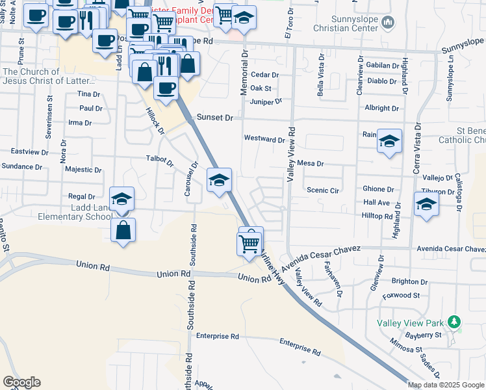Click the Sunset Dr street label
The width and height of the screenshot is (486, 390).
click(215, 118)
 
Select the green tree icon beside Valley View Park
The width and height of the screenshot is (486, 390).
click(455, 321)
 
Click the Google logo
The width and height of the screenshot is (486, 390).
click(21, 382)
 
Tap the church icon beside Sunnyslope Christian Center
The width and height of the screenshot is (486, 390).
click(389, 24)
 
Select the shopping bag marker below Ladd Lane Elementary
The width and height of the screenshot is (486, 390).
click(123, 230)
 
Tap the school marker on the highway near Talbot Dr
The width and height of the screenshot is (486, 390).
click(219, 180)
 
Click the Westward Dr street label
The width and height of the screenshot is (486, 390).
click(264, 139)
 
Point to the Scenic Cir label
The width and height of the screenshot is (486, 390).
click(323, 190)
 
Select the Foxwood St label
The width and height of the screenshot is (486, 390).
click(402, 295)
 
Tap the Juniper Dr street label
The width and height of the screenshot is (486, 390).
click(266, 101)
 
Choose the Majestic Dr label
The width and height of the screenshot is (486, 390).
click(83, 170)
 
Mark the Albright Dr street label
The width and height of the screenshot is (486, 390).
click(381, 108)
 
